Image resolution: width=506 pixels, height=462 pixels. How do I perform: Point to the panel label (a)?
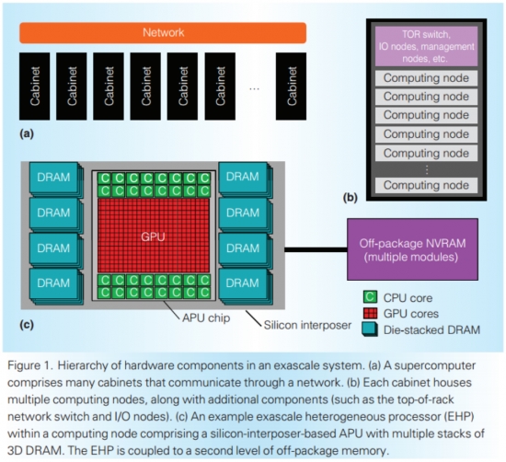coord(28,133)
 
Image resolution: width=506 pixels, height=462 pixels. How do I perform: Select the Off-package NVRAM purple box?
coord(408,248)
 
